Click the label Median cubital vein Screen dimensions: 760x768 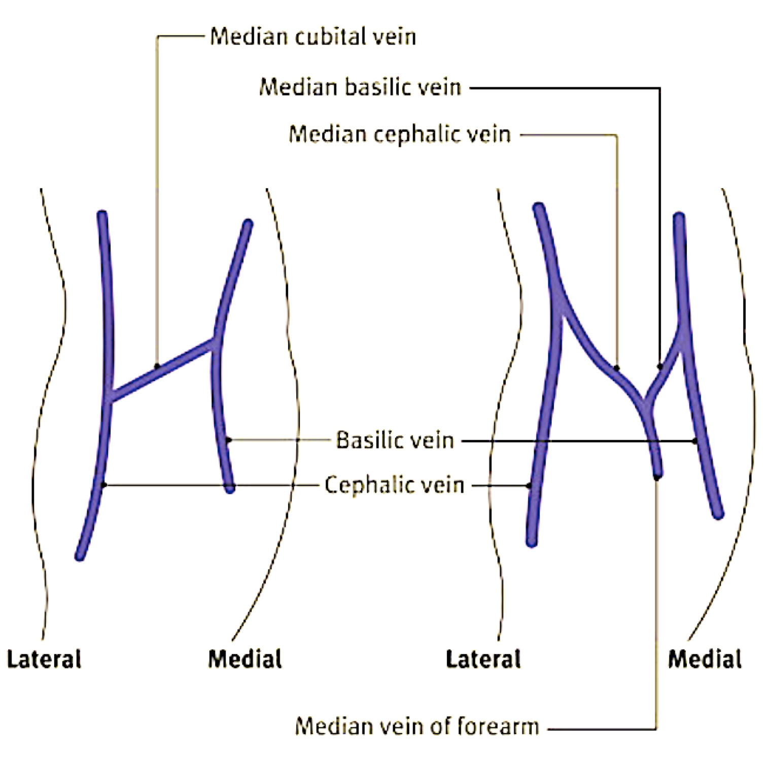(313, 37)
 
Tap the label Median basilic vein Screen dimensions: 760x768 (360, 87)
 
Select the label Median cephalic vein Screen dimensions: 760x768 (399, 134)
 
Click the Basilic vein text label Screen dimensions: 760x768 (395, 440)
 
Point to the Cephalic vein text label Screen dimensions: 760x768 (394, 485)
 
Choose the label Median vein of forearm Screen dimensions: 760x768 (416, 726)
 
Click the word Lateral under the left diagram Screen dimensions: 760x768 (44, 659)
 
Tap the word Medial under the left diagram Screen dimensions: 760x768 (245, 659)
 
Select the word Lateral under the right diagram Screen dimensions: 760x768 (483, 659)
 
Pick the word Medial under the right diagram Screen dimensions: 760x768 (705, 659)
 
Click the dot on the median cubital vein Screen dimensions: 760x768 (157, 366)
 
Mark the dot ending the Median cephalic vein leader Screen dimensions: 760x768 (616, 368)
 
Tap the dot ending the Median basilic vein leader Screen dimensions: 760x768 (660, 366)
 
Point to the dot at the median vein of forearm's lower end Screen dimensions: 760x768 (657, 477)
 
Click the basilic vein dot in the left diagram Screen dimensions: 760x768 (228, 440)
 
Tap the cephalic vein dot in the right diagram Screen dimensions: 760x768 (530, 486)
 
